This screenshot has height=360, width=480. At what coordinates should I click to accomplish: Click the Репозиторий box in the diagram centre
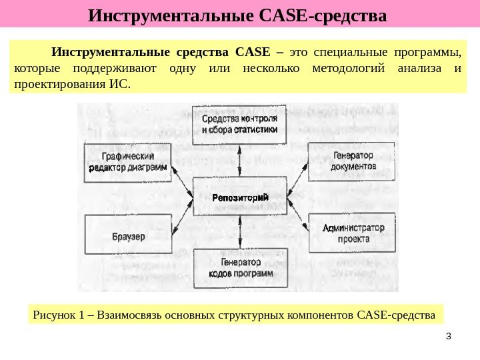(x=240, y=197)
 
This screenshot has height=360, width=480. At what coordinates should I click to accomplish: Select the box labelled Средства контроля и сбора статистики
(x=240, y=125)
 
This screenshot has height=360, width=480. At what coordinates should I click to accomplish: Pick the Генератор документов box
(x=351, y=161)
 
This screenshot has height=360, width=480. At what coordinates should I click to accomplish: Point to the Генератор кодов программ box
(x=240, y=268)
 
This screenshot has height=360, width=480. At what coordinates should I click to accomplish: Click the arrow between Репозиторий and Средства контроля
(x=240, y=161)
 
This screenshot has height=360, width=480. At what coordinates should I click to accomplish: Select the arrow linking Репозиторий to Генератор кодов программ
(x=240, y=232)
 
